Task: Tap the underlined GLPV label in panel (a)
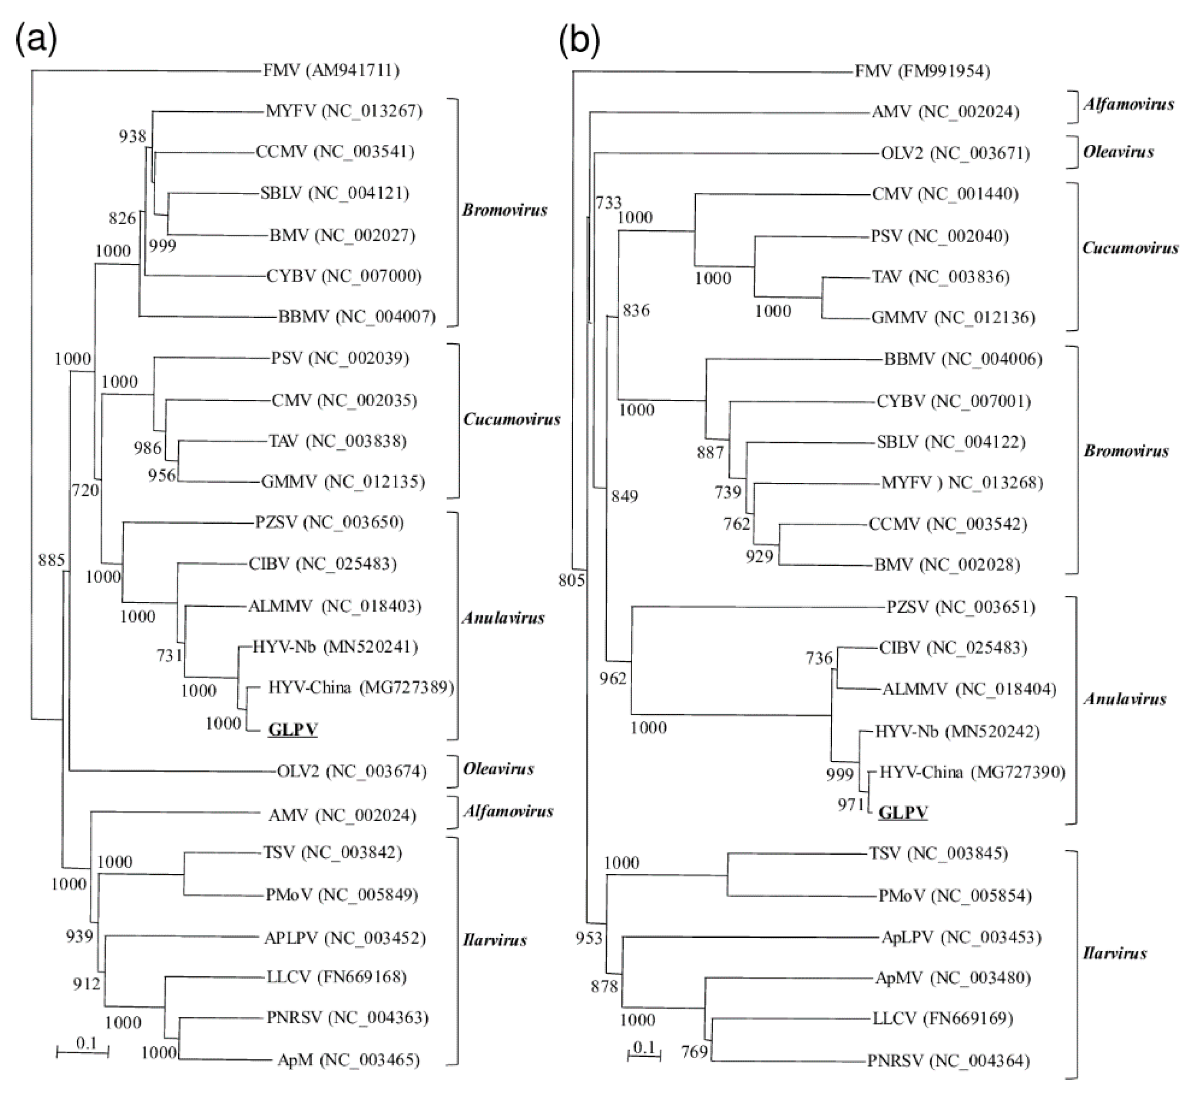[x=293, y=729]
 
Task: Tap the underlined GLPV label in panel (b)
[x=903, y=813]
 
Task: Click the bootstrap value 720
[x=85, y=490]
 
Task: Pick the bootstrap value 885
[x=51, y=560]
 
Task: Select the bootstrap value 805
[x=571, y=580]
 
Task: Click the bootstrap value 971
[x=851, y=805]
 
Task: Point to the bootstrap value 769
[x=694, y=1052]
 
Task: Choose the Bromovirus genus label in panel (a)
[x=505, y=210]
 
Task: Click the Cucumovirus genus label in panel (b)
[x=1130, y=248]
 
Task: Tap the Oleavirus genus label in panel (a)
[x=499, y=769]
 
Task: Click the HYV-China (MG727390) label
[x=972, y=772]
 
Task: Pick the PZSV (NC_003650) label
[x=330, y=522]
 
